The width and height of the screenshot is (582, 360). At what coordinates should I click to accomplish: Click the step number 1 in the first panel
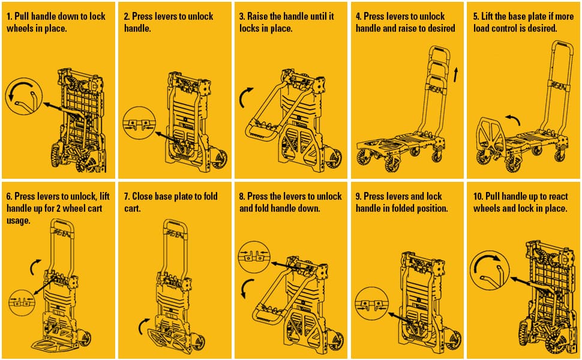click(9, 17)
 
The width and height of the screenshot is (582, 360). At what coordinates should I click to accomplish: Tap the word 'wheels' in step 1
click(18, 29)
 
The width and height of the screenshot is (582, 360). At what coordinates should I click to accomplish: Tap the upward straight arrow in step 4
click(456, 74)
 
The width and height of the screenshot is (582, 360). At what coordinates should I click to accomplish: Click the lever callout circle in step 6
click(22, 303)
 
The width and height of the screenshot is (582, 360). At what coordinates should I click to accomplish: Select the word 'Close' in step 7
click(142, 197)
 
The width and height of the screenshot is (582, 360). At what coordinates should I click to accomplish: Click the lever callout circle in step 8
click(254, 257)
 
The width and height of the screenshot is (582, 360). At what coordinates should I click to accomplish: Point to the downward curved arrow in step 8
click(246, 288)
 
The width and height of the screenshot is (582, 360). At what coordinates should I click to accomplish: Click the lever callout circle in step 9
click(371, 304)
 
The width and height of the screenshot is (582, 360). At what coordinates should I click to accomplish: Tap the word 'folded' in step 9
click(395, 209)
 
